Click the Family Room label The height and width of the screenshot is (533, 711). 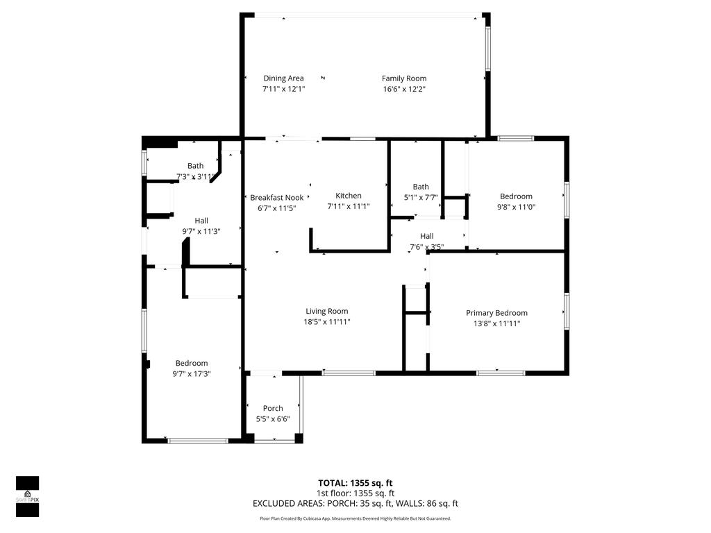[x=404, y=78]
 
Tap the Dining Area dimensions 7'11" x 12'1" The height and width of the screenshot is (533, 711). [x=283, y=89]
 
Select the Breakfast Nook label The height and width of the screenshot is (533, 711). [x=276, y=197]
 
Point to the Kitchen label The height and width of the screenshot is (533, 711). [x=349, y=196]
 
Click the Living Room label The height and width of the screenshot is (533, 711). [x=327, y=311]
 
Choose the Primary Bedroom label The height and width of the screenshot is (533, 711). [x=496, y=313]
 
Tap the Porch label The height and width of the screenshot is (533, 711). [x=273, y=408]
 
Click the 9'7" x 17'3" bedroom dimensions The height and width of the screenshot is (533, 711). [x=192, y=373]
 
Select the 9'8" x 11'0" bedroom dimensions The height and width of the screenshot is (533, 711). [x=516, y=206]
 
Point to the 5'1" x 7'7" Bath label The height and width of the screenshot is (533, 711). [x=421, y=187]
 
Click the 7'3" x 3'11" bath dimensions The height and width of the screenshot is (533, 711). [x=195, y=176]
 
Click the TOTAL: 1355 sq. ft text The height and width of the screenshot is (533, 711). [x=355, y=483]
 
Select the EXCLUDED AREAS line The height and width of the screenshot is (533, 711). [x=355, y=504]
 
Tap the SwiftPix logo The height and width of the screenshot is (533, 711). [x=27, y=496]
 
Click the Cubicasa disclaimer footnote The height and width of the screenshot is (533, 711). [x=355, y=518]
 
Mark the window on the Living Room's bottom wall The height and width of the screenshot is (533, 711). [x=349, y=373]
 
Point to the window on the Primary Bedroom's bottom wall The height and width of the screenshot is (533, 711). [x=501, y=373]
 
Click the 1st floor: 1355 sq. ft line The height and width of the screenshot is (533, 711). [x=355, y=493]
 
